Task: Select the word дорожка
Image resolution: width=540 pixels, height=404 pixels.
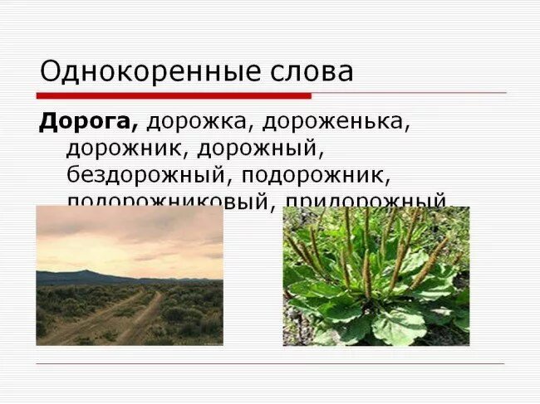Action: (199, 121)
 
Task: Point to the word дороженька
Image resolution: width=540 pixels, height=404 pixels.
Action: (336, 121)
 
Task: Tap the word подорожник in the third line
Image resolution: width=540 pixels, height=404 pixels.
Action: (319, 175)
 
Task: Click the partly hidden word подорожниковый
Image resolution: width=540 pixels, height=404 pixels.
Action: (169, 201)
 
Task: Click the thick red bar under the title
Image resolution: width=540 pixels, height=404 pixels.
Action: (174, 95)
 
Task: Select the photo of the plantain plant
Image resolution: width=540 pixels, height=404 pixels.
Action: (376, 275)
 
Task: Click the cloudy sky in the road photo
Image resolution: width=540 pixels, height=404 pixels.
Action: (129, 236)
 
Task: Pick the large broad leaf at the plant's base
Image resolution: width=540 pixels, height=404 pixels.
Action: (399, 324)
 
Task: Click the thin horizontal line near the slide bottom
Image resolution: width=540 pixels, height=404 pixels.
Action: (270, 363)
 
